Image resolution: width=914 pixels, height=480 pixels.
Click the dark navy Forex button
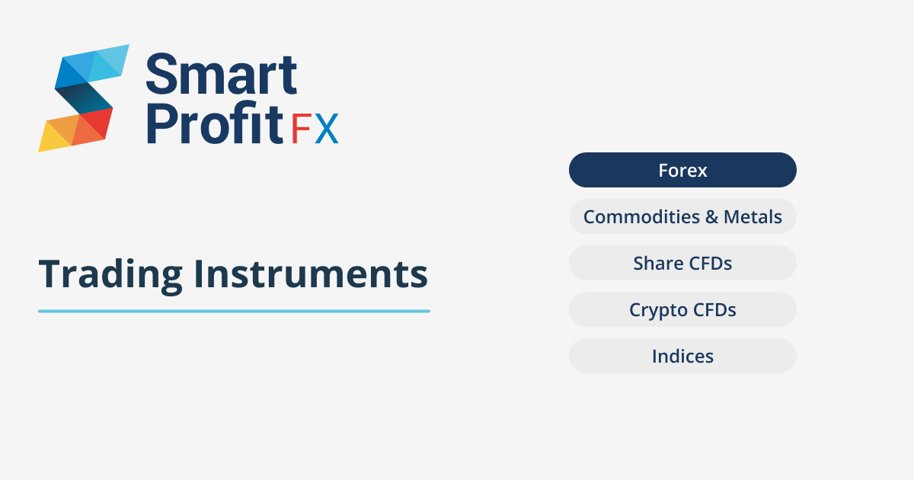tap(682, 170)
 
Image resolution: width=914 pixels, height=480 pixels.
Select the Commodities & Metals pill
tap(682, 217)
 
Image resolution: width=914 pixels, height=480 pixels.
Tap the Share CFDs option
tap(682, 264)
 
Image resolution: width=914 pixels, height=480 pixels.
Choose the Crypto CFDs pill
tap(682, 310)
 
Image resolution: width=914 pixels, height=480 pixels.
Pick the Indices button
tap(682, 356)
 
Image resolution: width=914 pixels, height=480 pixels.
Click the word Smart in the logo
tap(221, 75)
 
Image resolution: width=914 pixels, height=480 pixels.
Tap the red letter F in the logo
tap(301, 130)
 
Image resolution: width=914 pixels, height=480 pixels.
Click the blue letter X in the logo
tap(326, 130)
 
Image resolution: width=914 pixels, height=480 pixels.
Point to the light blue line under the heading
tap(234, 311)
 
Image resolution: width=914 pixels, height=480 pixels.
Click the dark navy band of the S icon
tap(82, 98)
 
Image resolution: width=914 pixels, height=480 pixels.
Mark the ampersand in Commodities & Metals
tap(711, 217)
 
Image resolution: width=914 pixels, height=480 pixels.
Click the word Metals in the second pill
tap(753, 217)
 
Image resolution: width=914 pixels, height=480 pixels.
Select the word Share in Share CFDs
tap(658, 264)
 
